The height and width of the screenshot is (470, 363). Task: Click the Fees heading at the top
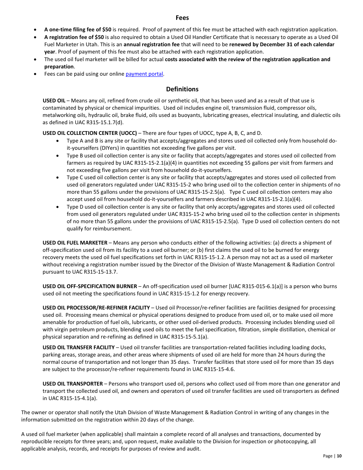click(x=182, y=18)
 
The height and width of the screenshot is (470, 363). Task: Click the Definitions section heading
click(x=182, y=89)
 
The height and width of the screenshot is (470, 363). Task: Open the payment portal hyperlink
click(x=144, y=74)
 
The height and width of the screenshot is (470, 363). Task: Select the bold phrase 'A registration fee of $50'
click(x=74, y=37)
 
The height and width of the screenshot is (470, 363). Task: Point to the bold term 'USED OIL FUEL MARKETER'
click(x=75, y=243)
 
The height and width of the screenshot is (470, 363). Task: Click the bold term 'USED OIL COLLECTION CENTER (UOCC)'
click(x=89, y=133)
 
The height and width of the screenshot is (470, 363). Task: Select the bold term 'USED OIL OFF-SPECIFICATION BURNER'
click(x=89, y=286)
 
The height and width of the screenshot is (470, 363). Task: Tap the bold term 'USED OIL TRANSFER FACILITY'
click(x=78, y=347)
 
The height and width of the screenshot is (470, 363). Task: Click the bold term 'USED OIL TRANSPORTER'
click(x=73, y=384)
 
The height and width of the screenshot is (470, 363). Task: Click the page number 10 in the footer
click(x=339, y=456)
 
